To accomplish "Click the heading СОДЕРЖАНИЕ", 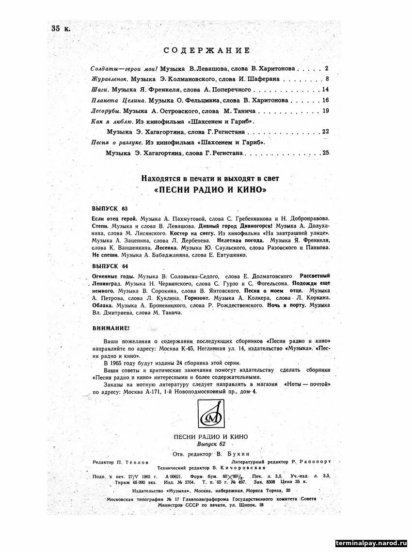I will click(207, 50).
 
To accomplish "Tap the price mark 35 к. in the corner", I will click(61, 28).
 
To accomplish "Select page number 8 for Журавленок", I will click(327, 79).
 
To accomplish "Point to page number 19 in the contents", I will click(325, 111).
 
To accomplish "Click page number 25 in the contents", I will click(325, 153).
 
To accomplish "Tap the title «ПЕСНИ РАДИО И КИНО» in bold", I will click(210, 190).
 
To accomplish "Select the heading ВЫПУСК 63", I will click(110, 209).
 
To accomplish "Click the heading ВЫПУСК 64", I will click(110, 266).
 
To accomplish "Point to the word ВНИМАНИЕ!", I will click(110, 328).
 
